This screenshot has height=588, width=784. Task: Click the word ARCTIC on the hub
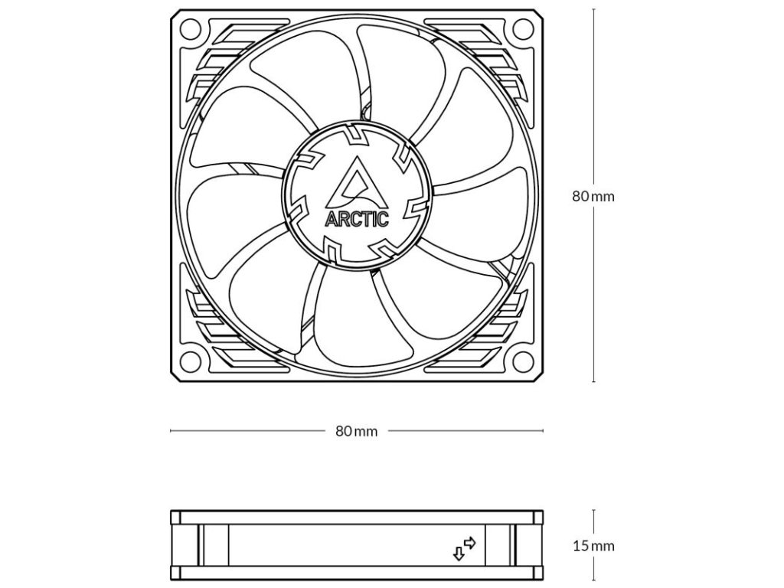(357, 219)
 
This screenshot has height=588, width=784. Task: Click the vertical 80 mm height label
(593, 196)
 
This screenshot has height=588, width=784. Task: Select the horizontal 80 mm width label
(357, 431)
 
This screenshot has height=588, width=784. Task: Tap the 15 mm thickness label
(593, 546)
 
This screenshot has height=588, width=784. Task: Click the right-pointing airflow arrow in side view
(470, 542)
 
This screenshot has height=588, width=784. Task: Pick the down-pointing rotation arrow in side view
(459, 553)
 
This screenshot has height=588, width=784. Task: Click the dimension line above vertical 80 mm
(594, 92)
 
